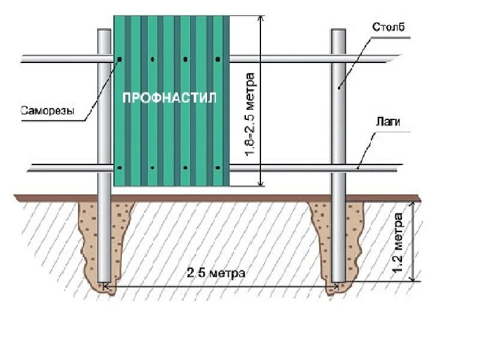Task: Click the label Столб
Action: coord(388,28)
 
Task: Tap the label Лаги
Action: coord(388,122)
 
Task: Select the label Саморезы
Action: coord(47,110)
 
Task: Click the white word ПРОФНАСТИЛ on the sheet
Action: coord(169,98)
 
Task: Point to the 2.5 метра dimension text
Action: coord(215,273)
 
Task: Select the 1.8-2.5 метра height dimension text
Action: coord(250,115)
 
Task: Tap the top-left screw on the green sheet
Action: coord(120,59)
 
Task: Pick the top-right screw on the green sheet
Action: coord(218,59)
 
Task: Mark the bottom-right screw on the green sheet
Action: coord(218,168)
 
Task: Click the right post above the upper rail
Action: coord(339,42)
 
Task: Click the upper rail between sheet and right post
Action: coord(279,59)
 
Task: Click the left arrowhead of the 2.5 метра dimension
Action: coord(109,287)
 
